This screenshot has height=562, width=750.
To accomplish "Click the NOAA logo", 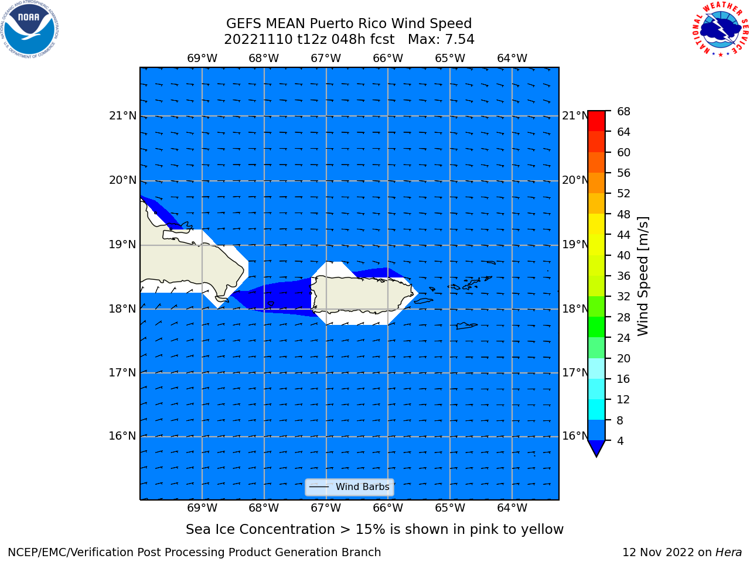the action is click(29, 29).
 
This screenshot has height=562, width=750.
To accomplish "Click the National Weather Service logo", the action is click(721, 29).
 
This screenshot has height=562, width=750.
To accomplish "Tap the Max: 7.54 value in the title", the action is click(441, 39).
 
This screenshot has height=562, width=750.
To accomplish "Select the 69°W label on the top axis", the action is click(202, 58).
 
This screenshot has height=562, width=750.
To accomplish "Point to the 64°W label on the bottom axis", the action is click(512, 508).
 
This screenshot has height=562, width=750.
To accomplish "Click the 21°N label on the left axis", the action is click(122, 116).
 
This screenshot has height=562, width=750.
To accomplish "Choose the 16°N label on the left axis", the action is click(122, 436).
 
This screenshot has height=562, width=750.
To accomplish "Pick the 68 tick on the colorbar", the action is click(623, 111).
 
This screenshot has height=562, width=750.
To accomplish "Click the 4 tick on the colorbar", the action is click(620, 440).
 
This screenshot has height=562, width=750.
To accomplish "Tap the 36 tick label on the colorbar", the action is click(623, 276).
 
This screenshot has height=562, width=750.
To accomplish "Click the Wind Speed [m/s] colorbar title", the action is click(643, 276).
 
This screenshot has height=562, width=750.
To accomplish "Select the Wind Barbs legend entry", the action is click(349, 487).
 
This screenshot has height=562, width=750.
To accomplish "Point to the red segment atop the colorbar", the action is click(596, 121).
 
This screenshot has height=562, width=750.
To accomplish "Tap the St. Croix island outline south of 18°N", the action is click(466, 326).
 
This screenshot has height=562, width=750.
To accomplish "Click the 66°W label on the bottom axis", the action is click(388, 508).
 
